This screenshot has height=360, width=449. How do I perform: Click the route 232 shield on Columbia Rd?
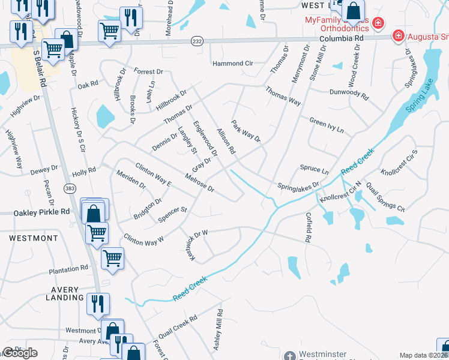tap(196, 41)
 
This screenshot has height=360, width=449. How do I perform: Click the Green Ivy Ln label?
tap(327, 125)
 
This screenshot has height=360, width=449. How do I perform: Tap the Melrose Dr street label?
tap(200, 183)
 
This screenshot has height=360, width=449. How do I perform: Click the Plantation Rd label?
tap(68, 269)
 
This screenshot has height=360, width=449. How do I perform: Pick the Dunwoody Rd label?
tap(348, 93)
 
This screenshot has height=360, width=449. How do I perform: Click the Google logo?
tap(20, 353)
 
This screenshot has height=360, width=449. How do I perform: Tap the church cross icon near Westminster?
tap(290, 356)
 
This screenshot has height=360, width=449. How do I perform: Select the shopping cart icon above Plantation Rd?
tap(112, 258)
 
